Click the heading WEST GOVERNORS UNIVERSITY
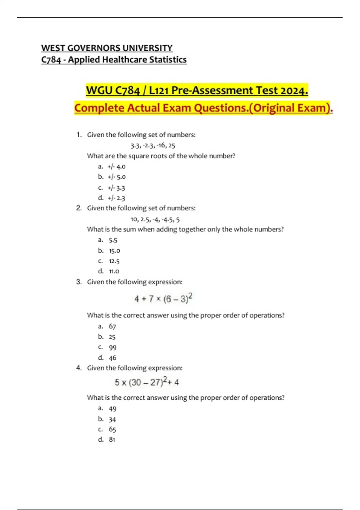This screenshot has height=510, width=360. tap(107, 48)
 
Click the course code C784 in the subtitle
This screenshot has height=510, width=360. tap(51, 60)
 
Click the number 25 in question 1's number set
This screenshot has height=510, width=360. tap(172, 146)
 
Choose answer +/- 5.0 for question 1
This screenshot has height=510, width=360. tap(117, 177)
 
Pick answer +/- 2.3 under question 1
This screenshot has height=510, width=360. tap(117, 198)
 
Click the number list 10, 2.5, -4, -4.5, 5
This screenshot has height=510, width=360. tap(155, 220)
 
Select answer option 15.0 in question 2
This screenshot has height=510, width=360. tap(114, 250)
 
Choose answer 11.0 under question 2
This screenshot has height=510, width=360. tap(114, 271)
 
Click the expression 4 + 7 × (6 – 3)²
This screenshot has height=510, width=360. tap(163, 299)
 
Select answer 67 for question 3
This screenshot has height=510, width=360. tap(112, 326)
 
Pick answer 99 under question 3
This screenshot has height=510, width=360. tap(112, 347)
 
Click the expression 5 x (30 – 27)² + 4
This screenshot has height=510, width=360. tap(147, 382)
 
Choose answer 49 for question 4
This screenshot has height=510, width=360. tap(112, 409)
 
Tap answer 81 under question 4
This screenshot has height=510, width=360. tap(112, 439)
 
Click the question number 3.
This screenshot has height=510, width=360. tap(79, 282)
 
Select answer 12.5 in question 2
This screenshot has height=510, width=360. tap(114, 261)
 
